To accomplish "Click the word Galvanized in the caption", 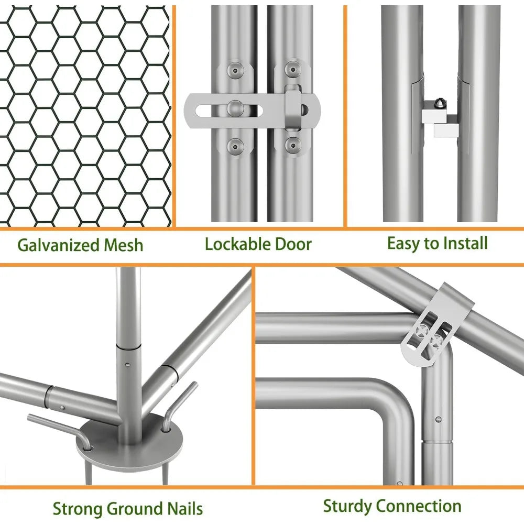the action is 59,245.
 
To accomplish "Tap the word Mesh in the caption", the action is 123,245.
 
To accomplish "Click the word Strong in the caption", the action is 78,509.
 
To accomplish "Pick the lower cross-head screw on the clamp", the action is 436,342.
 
